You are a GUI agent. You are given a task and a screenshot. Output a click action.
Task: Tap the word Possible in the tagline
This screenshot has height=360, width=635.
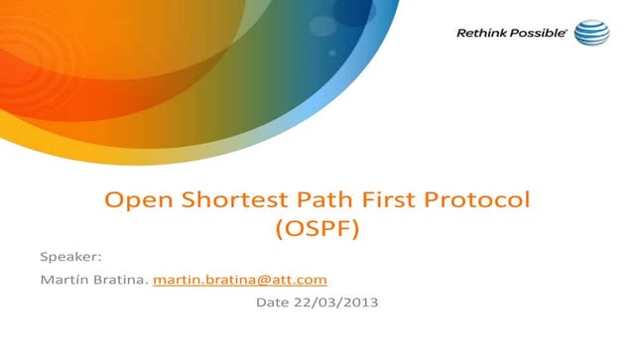pos(537,34)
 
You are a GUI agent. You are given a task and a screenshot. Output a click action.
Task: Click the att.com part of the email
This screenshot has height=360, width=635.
pos(303,280)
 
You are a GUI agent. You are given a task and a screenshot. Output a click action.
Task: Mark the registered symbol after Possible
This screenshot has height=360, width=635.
pos(566,30)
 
